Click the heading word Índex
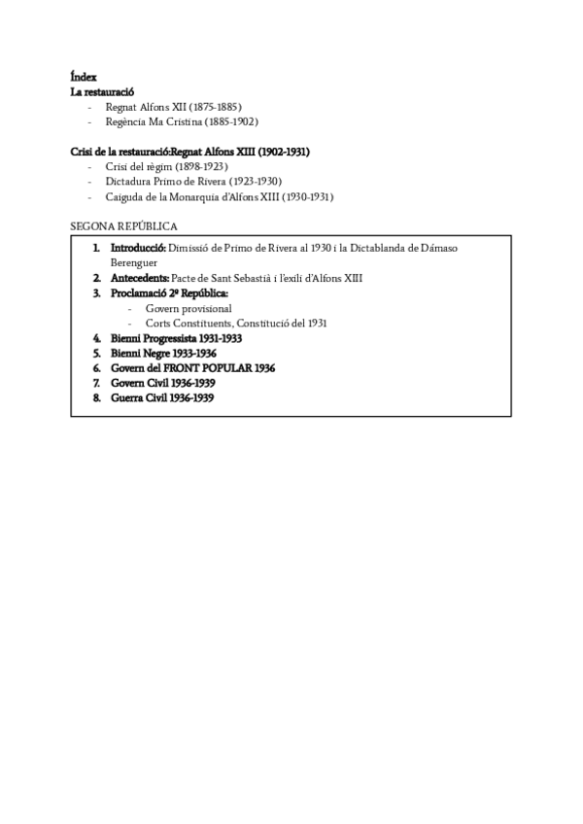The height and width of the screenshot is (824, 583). (84, 77)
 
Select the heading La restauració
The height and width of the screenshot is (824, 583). (102, 91)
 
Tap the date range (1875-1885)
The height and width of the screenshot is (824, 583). (213, 107)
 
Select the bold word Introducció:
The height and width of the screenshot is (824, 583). (138, 249)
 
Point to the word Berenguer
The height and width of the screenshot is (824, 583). (134, 262)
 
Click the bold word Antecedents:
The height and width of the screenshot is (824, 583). (139, 278)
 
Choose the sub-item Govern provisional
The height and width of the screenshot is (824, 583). (189, 308)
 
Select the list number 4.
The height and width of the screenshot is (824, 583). (97, 338)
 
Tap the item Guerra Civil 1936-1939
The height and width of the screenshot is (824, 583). (162, 398)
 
